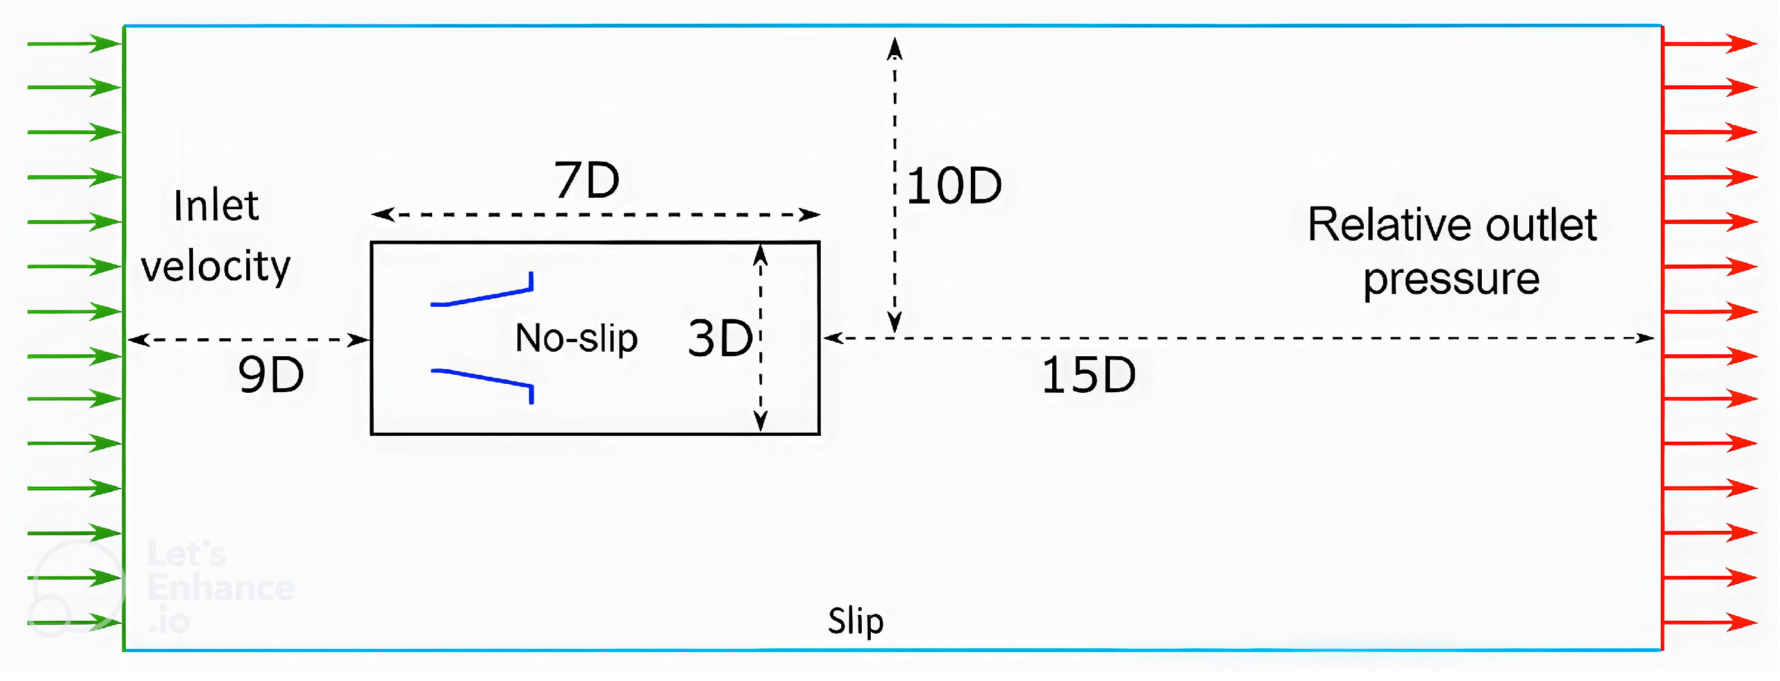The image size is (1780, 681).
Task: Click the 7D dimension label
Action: [x=587, y=180]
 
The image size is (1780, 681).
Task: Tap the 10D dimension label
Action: [x=953, y=186]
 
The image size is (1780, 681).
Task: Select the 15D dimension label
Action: [x=1088, y=375]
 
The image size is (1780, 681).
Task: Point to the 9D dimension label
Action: [x=271, y=375]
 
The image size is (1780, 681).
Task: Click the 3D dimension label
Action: [x=720, y=339]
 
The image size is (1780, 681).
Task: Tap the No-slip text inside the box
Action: [x=576, y=339]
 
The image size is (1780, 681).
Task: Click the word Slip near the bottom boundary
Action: [x=855, y=620]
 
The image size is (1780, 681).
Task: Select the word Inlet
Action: [x=216, y=206]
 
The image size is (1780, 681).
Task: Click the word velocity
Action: [x=215, y=266]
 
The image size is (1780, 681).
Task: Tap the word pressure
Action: [x=1451, y=279]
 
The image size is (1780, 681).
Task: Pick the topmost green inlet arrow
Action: [x=74, y=44]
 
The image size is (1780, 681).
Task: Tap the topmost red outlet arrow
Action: [x=1709, y=44]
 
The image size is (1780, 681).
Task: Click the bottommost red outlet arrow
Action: [x=1709, y=622]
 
